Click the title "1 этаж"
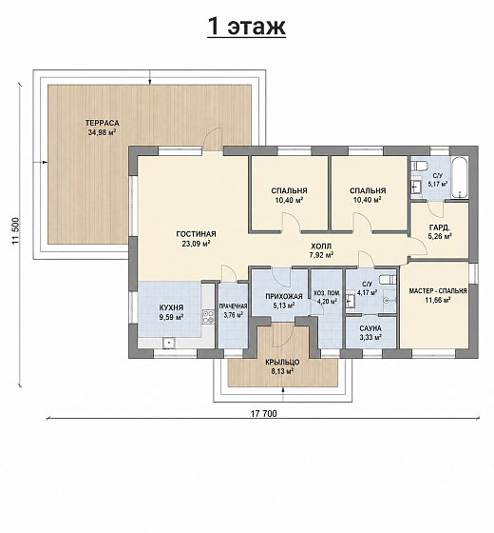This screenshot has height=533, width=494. (247, 27)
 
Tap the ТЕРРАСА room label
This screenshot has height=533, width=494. (103, 123)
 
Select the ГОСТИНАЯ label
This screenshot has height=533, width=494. (196, 234)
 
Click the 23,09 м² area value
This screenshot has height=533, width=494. (196, 244)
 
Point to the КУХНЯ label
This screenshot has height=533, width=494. (171, 307)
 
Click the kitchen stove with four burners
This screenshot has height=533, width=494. (208, 317)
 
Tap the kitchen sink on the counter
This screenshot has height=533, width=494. (169, 343)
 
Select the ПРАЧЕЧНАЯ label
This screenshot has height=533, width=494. (233, 306)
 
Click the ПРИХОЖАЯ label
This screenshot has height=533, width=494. (284, 297)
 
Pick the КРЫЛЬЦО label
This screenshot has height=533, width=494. (282, 363)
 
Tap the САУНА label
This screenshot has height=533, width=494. (370, 328)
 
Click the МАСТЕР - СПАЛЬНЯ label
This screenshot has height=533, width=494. (438, 291)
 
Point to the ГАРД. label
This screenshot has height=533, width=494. (440, 227)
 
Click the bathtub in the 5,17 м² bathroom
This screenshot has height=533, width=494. (460, 178)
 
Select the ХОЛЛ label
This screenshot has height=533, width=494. (321, 246)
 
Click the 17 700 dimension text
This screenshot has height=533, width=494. (264, 413)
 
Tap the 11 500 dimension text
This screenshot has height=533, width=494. (16, 231)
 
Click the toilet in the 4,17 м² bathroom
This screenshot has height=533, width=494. (388, 280)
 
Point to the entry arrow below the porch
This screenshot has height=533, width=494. (283, 394)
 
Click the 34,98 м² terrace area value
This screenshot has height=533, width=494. (103, 132)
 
